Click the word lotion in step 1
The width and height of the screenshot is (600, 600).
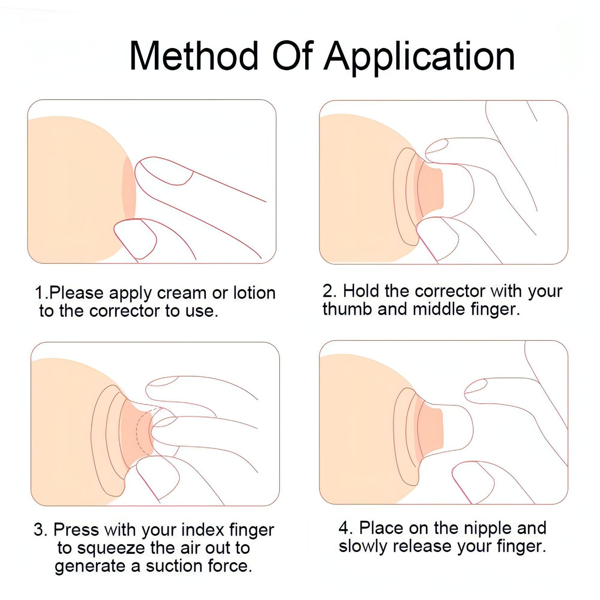pyautogui.click(x=254, y=293)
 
